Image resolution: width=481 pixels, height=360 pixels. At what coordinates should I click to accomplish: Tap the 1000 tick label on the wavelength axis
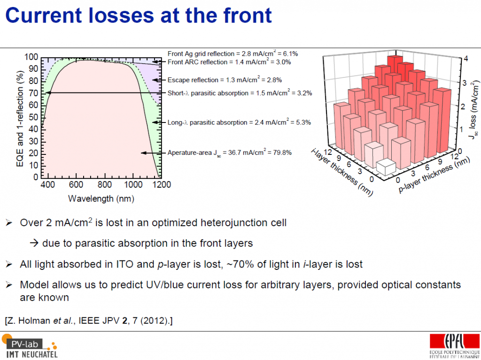(133, 184)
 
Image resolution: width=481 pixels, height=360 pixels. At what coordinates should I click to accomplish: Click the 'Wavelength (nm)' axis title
(101, 199)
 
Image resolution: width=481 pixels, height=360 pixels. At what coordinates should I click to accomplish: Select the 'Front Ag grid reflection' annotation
(233, 54)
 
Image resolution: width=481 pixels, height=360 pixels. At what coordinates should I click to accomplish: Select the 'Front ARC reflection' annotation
(229, 62)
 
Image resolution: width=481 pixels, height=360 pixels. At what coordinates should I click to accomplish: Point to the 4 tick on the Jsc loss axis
(465, 59)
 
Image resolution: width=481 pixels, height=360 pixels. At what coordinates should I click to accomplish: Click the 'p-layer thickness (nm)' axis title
(434, 175)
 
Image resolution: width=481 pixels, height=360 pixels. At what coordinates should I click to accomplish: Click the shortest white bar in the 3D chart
(386, 167)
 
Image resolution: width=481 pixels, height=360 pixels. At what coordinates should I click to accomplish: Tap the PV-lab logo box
(24, 344)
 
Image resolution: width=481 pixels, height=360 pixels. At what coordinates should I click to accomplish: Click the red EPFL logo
(455, 341)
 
